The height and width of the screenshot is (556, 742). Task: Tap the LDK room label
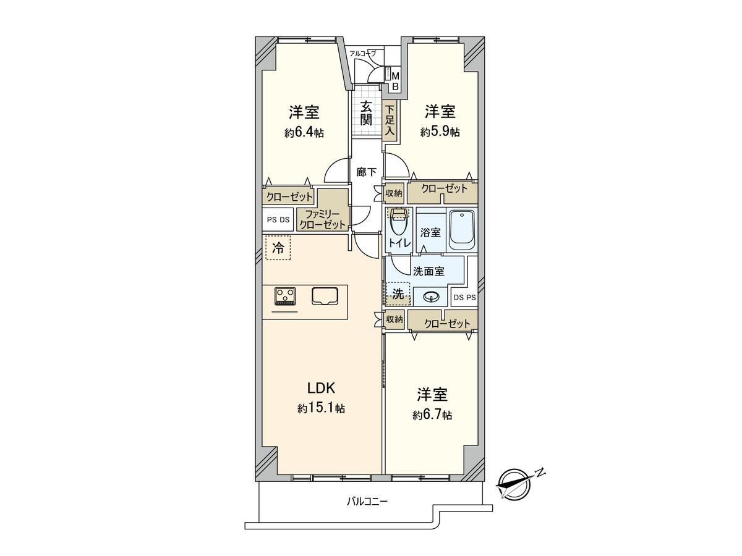(x=321, y=389)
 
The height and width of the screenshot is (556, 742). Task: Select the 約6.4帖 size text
(x=304, y=133)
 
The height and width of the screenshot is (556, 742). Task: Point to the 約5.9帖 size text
(x=440, y=132)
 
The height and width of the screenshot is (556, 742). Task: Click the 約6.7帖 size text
(x=432, y=415)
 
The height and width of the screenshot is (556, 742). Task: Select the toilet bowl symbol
(x=398, y=223)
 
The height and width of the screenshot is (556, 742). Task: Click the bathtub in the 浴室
(x=461, y=230)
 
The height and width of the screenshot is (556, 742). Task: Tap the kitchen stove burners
(x=286, y=296)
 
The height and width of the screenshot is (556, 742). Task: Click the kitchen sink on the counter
(x=326, y=296)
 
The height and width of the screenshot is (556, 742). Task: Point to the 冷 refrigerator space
(x=278, y=248)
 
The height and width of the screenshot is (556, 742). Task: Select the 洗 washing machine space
(x=399, y=295)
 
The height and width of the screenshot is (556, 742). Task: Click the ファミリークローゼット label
(x=323, y=219)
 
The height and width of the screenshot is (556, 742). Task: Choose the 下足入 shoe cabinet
(x=390, y=121)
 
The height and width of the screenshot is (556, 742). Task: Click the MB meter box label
(x=395, y=81)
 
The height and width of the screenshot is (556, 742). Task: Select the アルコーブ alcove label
(x=362, y=54)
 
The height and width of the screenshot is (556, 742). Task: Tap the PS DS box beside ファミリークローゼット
(x=278, y=219)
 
